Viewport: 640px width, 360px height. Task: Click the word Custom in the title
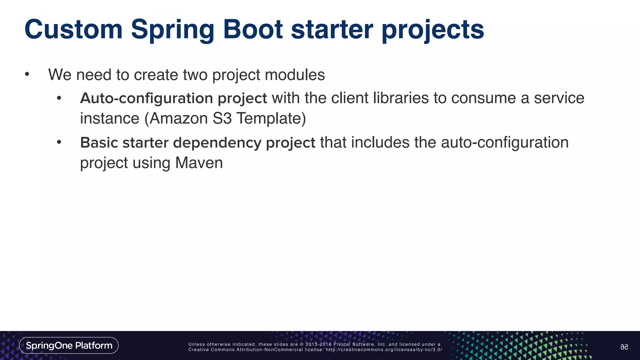[73, 30]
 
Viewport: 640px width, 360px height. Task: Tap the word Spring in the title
[172, 30]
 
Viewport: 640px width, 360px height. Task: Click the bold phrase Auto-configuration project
[173, 98]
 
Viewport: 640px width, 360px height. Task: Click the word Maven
[199, 163]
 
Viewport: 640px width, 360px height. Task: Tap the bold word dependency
[217, 143]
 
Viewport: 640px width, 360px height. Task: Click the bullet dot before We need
[27, 74]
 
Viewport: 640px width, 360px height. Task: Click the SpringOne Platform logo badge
[69, 345]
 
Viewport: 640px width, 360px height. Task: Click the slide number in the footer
[624, 347]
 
